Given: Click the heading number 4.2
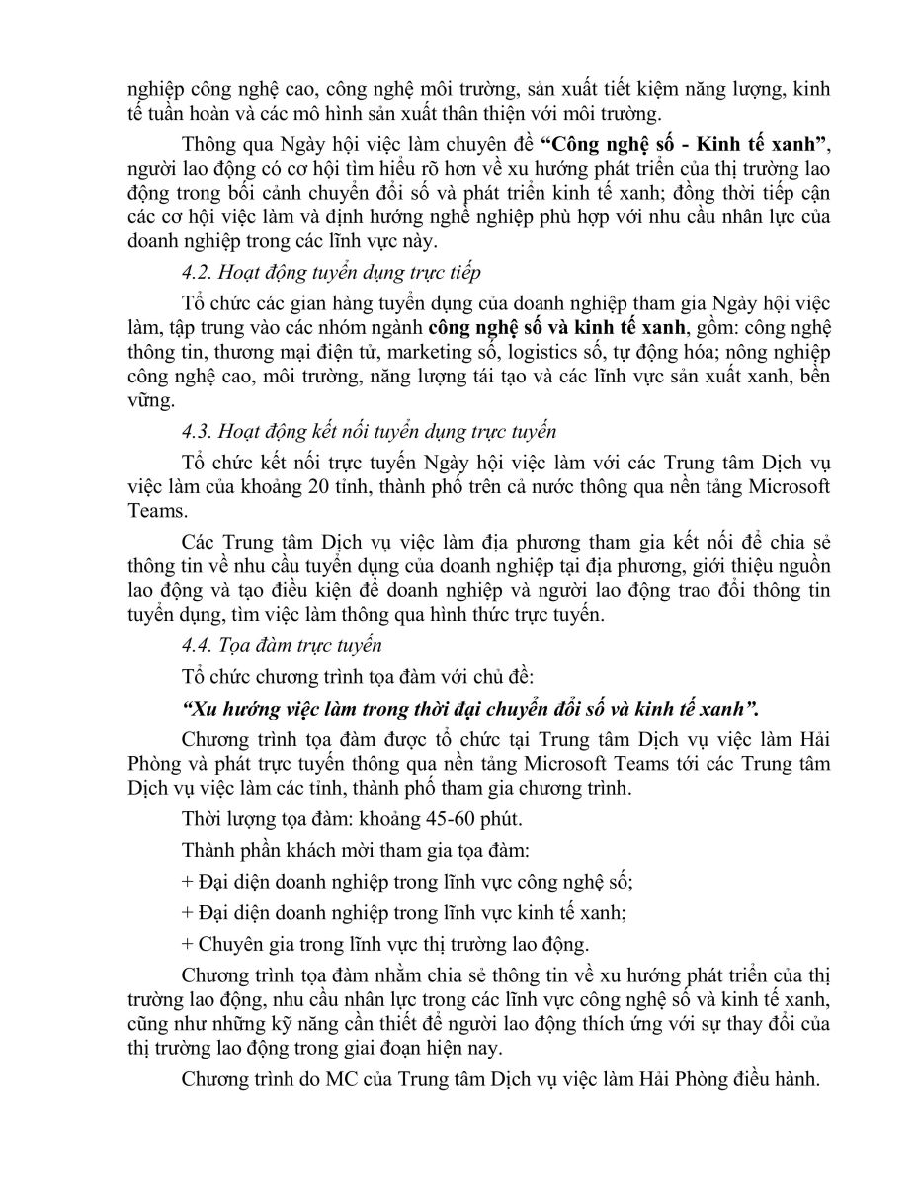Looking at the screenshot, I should click(197, 273).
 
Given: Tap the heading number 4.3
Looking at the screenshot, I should click(197, 431).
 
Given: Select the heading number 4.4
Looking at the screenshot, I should click(197, 646).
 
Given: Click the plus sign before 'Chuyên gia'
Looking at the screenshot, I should click(188, 942).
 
